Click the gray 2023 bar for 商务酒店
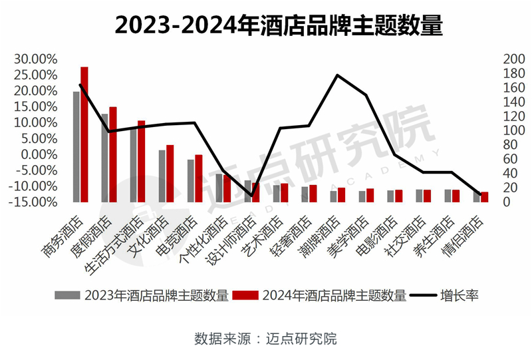76,146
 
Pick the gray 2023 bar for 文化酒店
162,176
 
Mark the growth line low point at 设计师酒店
251,196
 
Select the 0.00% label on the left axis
36,154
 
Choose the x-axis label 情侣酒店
462,237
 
